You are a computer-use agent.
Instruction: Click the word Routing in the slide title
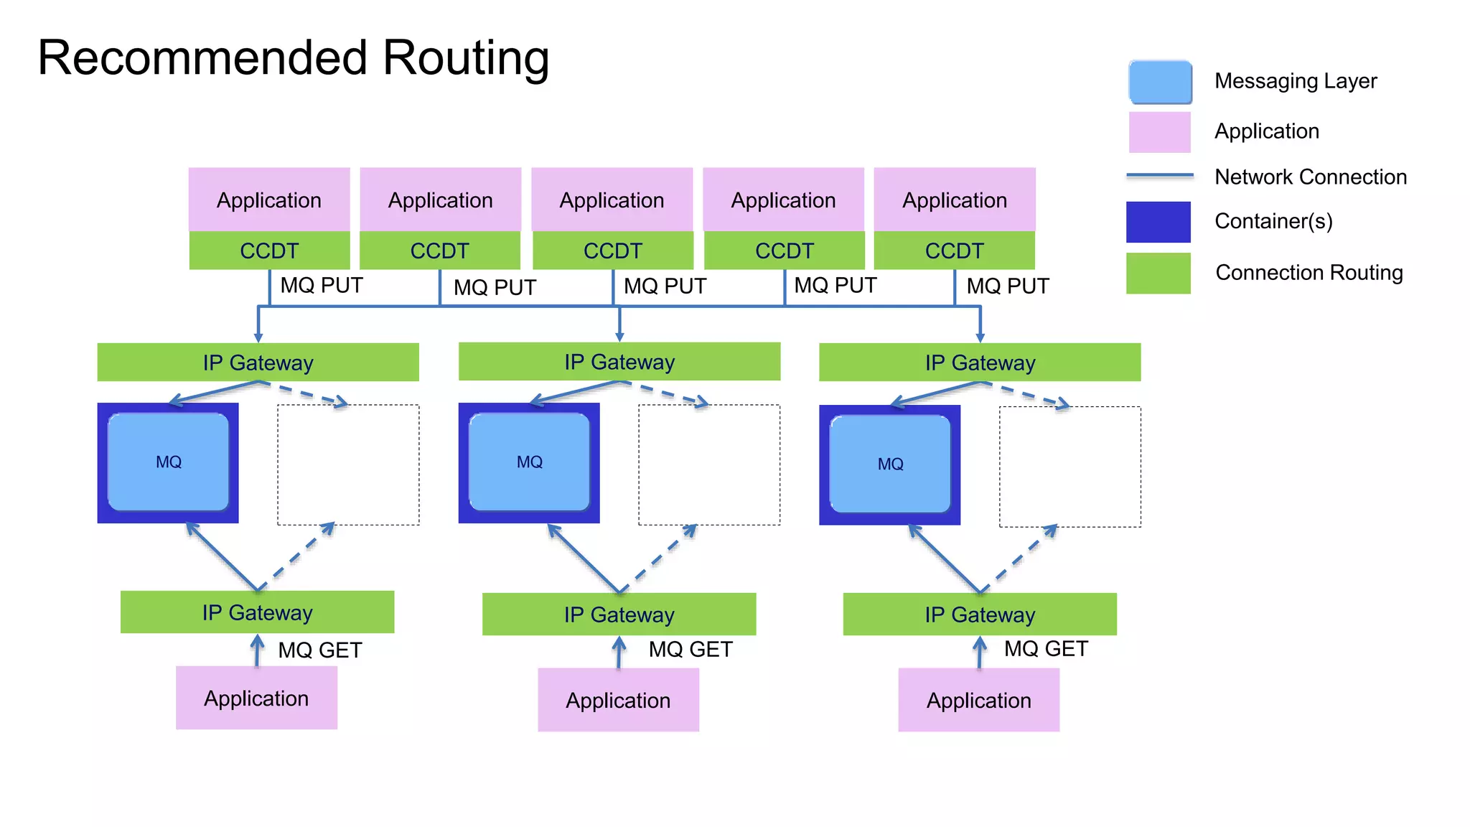click(x=465, y=59)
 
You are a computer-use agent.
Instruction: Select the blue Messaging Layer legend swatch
click(x=1160, y=82)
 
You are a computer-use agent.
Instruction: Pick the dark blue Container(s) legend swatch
click(x=1158, y=222)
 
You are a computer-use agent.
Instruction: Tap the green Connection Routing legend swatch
click(x=1158, y=274)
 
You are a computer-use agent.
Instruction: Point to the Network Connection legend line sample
click(x=1160, y=175)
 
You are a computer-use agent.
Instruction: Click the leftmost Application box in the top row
click(x=269, y=200)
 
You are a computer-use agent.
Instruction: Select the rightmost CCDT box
click(x=954, y=251)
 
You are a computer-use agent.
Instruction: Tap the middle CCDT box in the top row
click(x=612, y=251)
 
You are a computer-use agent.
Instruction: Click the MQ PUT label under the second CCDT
click(x=495, y=287)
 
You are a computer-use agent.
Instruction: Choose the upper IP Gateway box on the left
click(x=258, y=363)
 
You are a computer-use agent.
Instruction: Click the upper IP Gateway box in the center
click(x=619, y=362)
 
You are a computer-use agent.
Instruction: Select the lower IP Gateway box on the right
click(x=980, y=615)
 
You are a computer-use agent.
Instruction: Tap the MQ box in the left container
click(x=169, y=462)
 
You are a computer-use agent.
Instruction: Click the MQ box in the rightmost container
click(x=890, y=464)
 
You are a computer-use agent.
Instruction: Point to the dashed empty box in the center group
click(x=709, y=464)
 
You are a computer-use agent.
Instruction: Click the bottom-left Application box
click(x=256, y=698)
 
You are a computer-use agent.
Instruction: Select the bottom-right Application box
click(x=978, y=700)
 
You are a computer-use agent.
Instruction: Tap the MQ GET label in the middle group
click(x=690, y=650)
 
